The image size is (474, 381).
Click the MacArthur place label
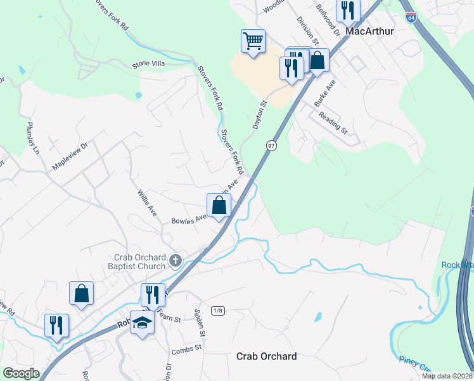pyautogui.click(x=371, y=30)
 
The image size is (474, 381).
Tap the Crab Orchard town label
pyautogui.click(x=266, y=356)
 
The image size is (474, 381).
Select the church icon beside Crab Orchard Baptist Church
pyautogui.click(x=176, y=260)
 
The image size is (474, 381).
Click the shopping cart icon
pyautogui.click(x=253, y=42)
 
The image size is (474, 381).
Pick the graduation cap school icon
pyautogui.click(x=143, y=323)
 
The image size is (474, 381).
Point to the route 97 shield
pyautogui.click(x=271, y=145)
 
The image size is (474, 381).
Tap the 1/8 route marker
pyautogui.click(x=218, y=310)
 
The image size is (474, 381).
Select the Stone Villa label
pyautogui.click(x=148, y=64)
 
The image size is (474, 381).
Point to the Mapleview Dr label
pyautogui.click(x=69, y=156)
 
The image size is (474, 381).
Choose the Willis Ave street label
pyautogui.click(x=147, y=202)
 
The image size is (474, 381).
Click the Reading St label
pyautogui.click(x=333, y=121)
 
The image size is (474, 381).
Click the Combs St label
pyautogui.click(x=186, y=348)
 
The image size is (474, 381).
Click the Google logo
pyautogui.click(x=21, y=373)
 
